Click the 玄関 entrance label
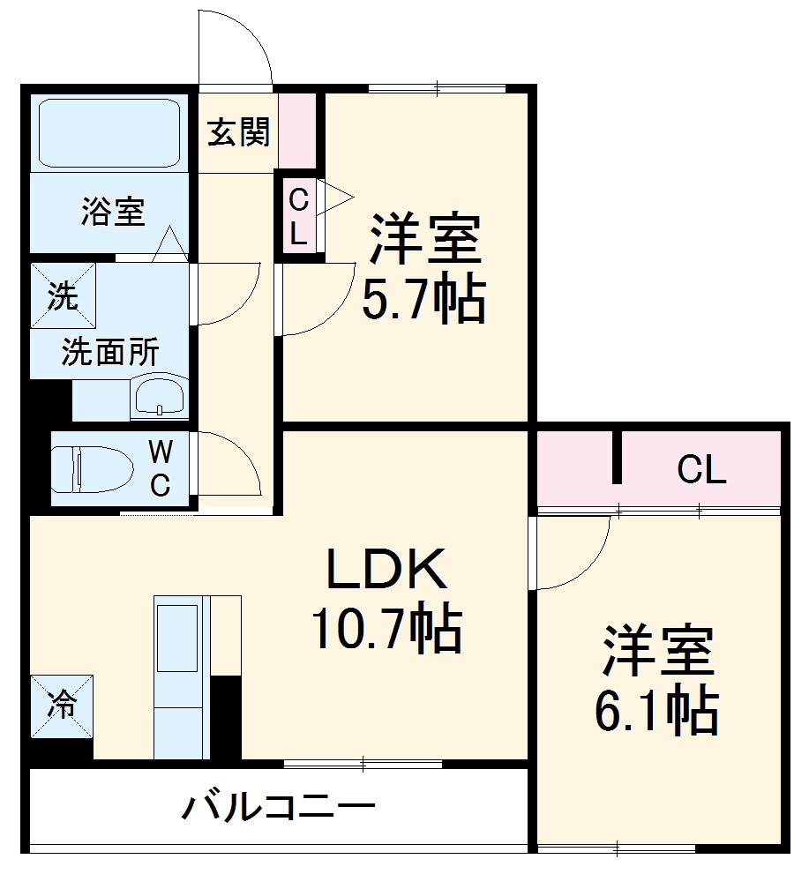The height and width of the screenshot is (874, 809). [x=238, y=133]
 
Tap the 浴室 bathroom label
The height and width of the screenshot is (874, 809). [x=113, y=213]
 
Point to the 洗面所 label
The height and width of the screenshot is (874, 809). [x=109, y=353]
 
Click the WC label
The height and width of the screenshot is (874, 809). [x=160, y=468]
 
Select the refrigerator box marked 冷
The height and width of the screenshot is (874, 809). [x=62, y=706]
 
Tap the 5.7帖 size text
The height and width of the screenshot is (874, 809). [x=423, y=301]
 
